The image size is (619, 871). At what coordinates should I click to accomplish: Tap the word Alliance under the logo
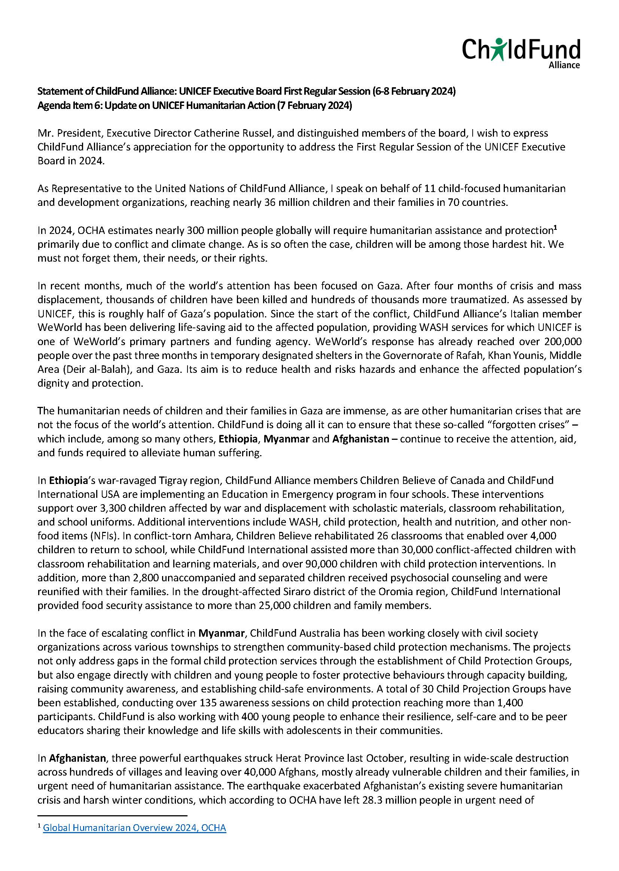564,65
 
